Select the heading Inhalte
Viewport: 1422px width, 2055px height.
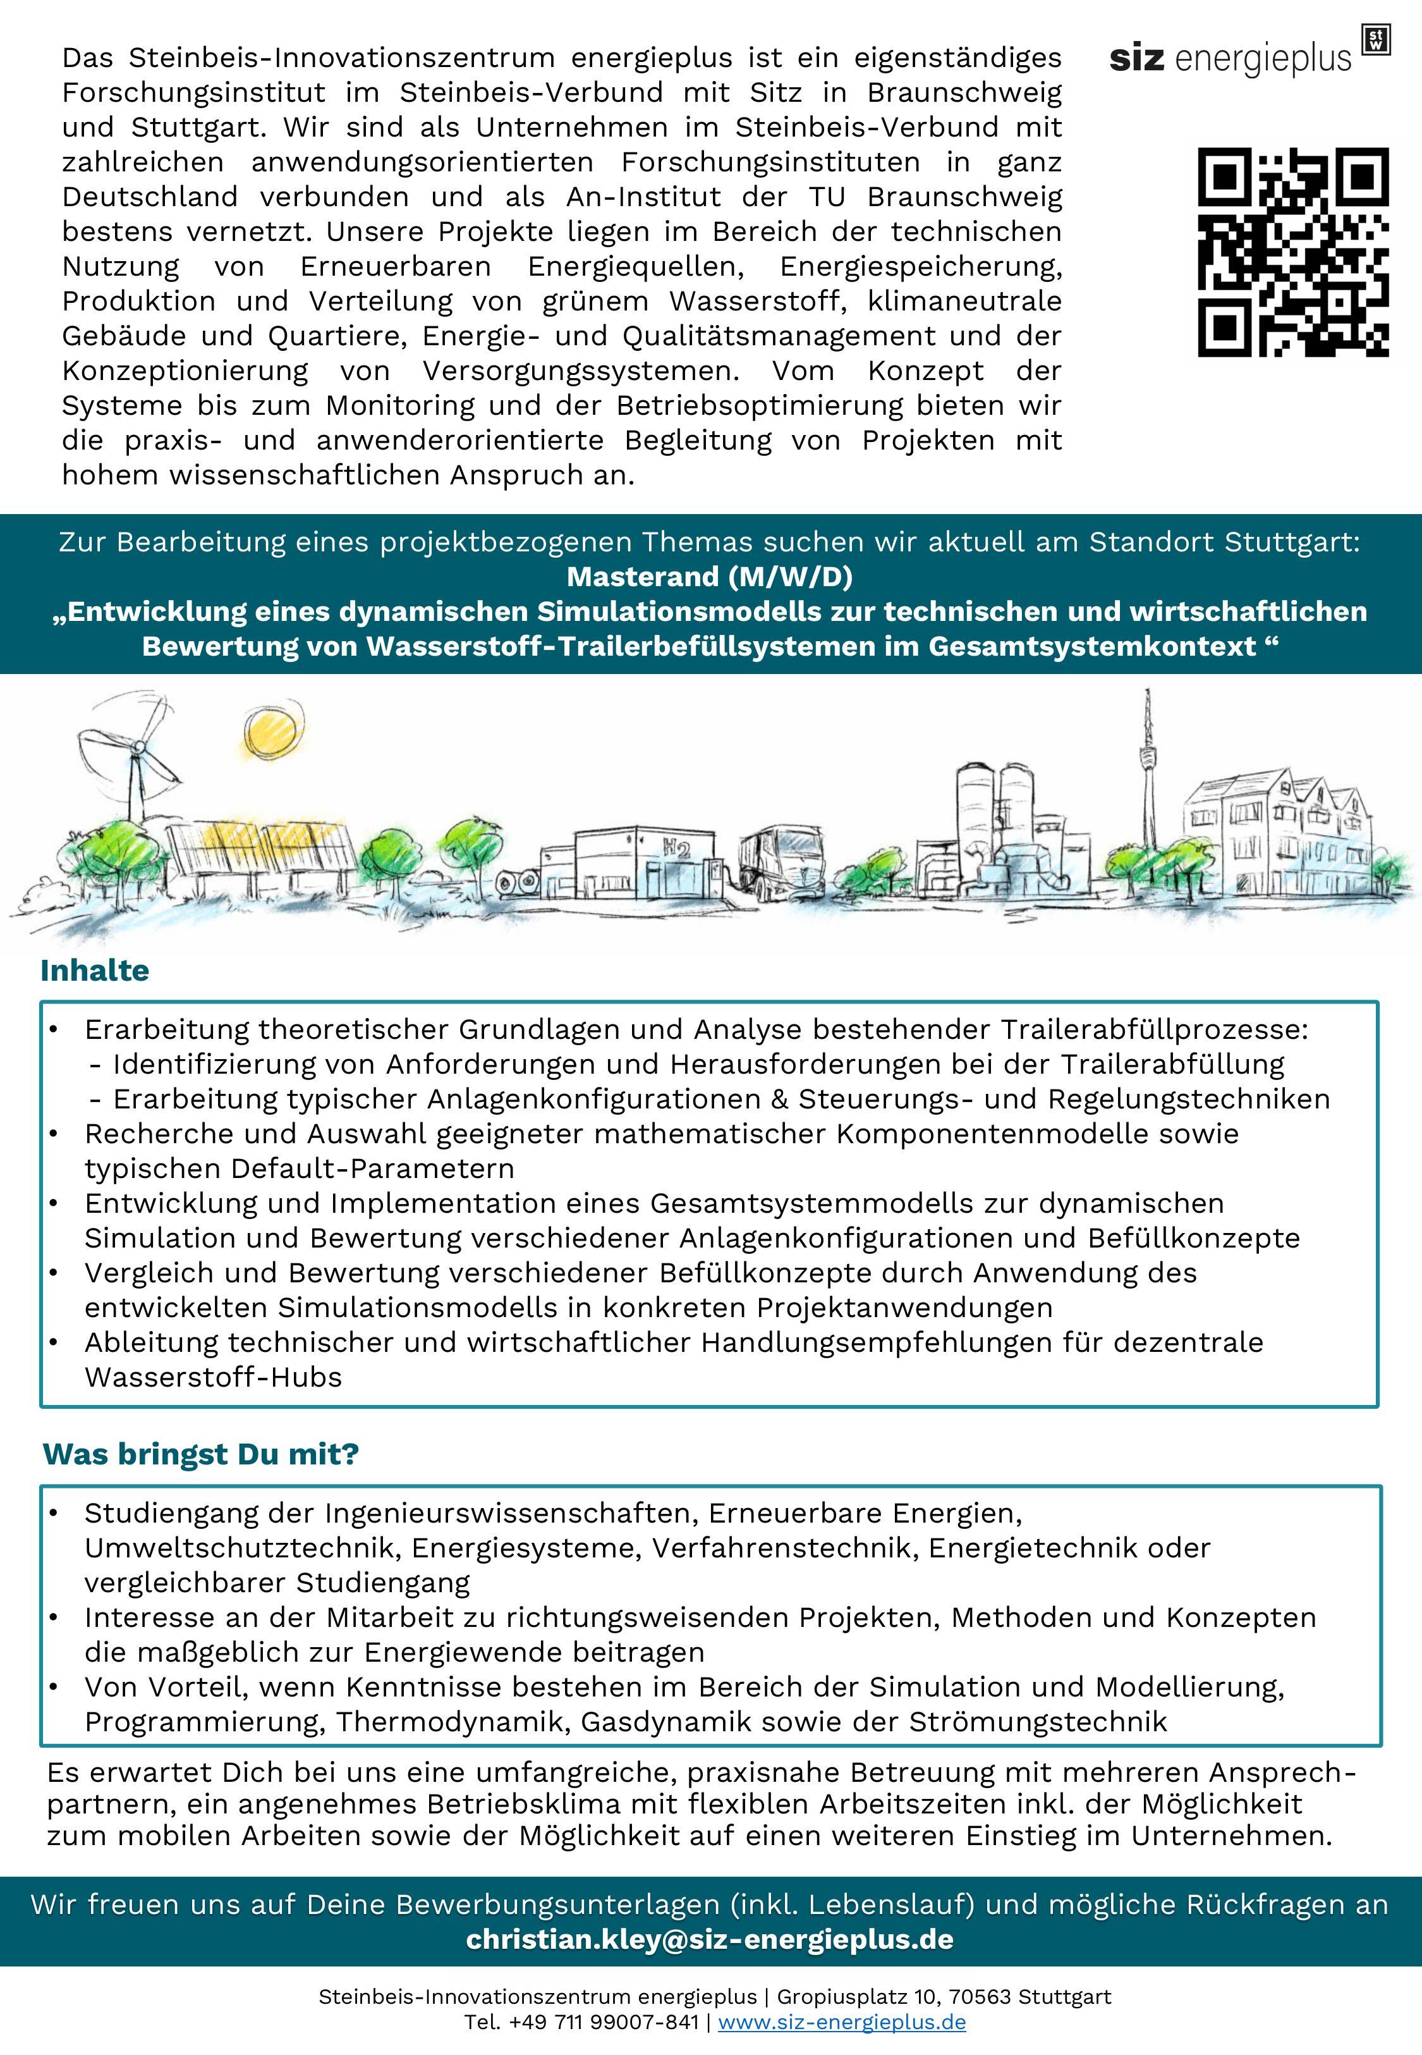[94, 971]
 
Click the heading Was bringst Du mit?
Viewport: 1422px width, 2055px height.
[200, 1454]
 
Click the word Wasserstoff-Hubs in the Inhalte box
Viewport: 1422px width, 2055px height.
[213, 1377]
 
